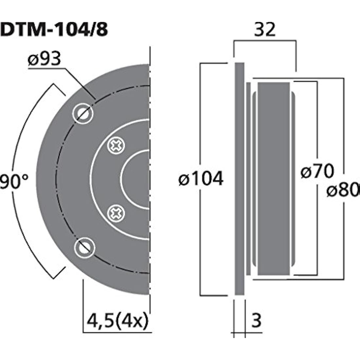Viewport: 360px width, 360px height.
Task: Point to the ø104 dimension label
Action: click(201, 179)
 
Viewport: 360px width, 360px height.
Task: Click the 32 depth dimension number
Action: click(265, 30)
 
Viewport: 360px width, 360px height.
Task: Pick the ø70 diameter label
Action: click(317, 171)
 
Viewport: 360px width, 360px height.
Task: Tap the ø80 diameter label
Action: click(343, 190)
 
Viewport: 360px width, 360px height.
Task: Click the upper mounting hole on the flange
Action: click(83, 114)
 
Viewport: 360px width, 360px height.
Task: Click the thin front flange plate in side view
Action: click(239, 179)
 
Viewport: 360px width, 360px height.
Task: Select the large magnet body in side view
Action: click(274, 179)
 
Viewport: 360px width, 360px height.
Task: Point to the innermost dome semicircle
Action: click(136, 179)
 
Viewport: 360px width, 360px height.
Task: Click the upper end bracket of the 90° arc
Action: click(59, 90)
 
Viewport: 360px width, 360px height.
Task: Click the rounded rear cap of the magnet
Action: click(293, 179)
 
